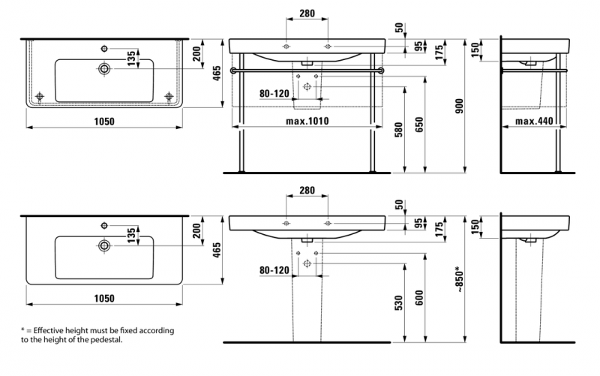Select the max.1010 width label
point(307,121)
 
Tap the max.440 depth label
point(534,121)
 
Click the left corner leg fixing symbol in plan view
point(40,96)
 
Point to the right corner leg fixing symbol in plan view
point(169,96)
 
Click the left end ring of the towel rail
point(235,71)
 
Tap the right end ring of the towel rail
point(382,71)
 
